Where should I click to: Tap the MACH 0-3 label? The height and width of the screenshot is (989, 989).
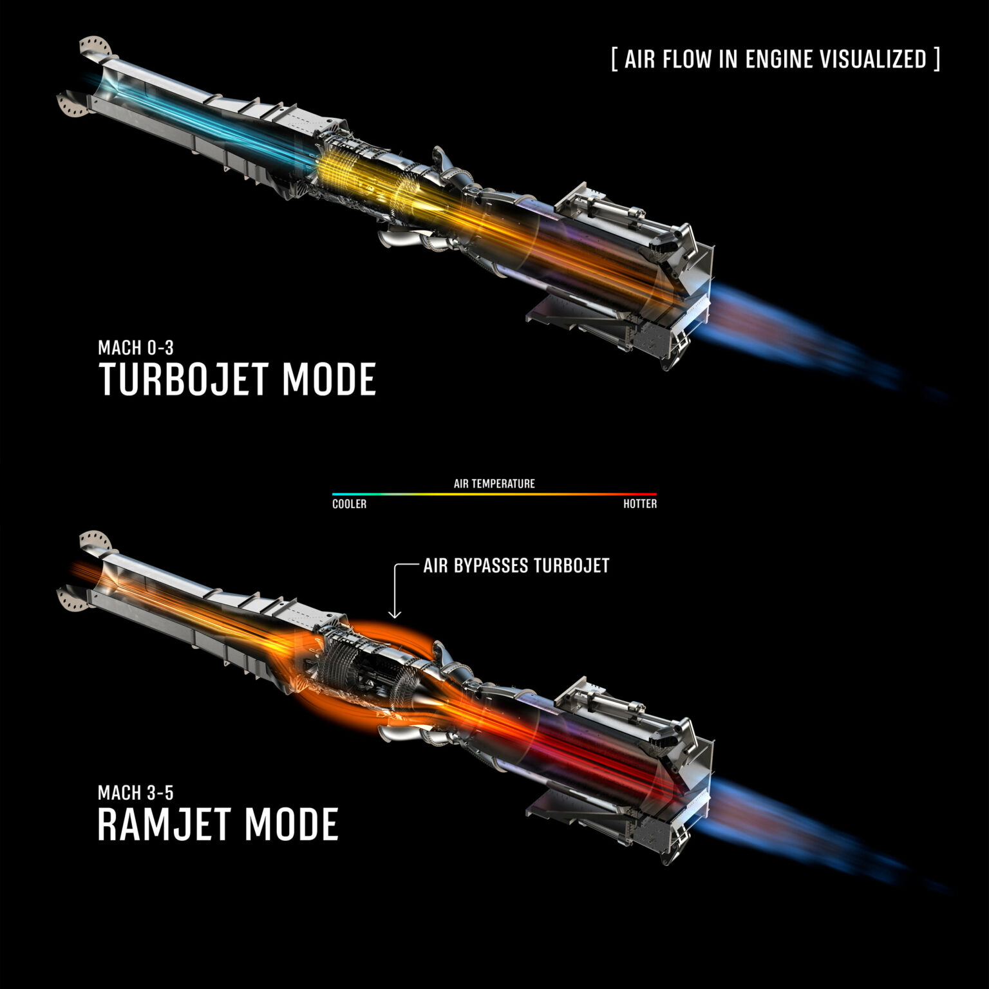pyautogui.click(x=136, y=348)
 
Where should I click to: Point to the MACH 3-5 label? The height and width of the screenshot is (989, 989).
pyautogui.click(x=136, y=793)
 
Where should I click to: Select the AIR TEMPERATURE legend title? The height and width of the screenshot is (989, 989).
pyautogui.click(x=494, y=484)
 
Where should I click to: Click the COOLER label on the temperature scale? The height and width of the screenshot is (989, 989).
pyautogui.click(x=349, y=504)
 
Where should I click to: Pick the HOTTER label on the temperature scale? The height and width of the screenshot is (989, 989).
pyautogui.click(x=640, y=504)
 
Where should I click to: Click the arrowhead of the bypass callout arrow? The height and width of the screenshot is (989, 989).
pyautogui.click(x=395, y=616)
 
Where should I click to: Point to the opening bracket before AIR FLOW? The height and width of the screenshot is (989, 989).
pyautogui.click(x=615, y=59)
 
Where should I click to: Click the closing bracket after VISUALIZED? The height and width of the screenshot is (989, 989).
pyautogui.click(x=936, y=59)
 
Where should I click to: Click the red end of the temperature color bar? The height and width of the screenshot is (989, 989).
pyautogui.click(x=654, y=494)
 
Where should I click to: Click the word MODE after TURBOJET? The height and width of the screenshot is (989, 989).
pyautogui.click(x=328, y=379)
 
